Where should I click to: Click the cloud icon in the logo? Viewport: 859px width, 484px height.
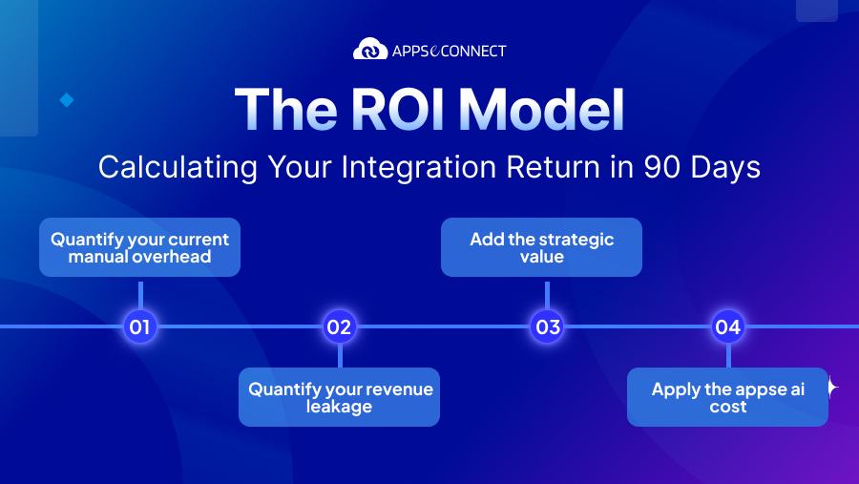[x=370, y=49]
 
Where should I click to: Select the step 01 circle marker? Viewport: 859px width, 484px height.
[x=140, y=327]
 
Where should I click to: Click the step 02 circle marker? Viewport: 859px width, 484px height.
[x=339, y=327]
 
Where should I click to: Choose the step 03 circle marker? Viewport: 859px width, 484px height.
[x=548, y=327]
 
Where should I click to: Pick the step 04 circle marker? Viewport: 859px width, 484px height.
[x=727, y=327]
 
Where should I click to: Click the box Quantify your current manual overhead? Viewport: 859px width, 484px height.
[x=139, y=248]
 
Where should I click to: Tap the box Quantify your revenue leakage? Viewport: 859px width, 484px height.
[x=339, y=397]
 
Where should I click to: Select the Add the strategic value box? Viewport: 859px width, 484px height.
[x=541, y=248]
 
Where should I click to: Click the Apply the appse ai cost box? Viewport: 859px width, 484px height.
[x=727, y=397]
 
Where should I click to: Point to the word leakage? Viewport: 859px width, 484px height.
[x=340, y=407]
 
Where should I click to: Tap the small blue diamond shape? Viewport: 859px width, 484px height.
[x=67, y=99]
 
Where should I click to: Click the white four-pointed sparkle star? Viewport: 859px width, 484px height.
[x=830, y=387]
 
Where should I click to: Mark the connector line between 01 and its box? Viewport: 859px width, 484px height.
[x=140, y=294]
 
